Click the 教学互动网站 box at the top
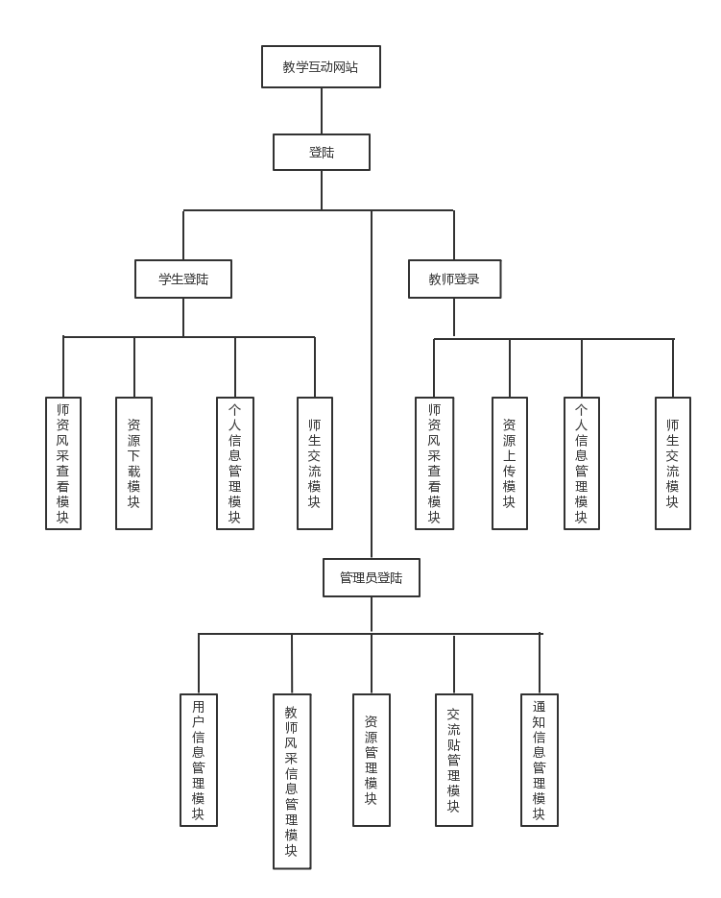pos(321,67)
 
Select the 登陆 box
pos(321,153)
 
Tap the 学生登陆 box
pos(183,279)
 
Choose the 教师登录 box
pos(454,279)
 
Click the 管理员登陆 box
pos(372,578)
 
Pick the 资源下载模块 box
pos(133,463)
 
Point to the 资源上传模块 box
pos(509,463)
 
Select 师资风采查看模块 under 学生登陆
pos(63,463)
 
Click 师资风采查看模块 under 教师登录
pos(434,463)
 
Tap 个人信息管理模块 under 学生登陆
pos(235,463)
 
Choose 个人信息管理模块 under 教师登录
pos(581,463)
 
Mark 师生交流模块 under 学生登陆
pos(315,463)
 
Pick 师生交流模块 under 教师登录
pos(672,463)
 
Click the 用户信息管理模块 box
pos(199,760)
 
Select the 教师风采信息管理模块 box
pos(292,781)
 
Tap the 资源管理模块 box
pos(372,760)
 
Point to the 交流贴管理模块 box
pos(454,760)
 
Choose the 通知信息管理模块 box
pos(540,760)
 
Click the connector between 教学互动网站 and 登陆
pos(321,111)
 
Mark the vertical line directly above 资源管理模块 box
pos(372,664)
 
